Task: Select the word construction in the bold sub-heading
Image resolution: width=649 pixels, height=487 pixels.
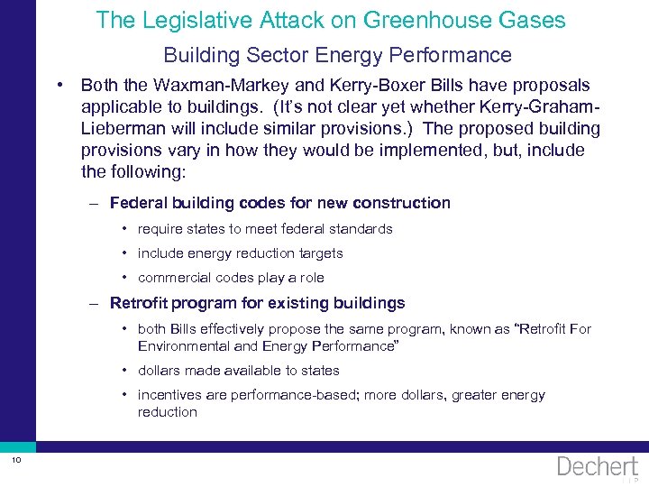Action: (401, 203)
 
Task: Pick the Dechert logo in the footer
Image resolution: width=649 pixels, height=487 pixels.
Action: (597, 465)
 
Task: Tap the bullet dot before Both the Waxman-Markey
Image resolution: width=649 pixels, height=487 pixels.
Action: (58, 85)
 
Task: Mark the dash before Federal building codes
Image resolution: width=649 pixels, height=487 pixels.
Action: (95, 203)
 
